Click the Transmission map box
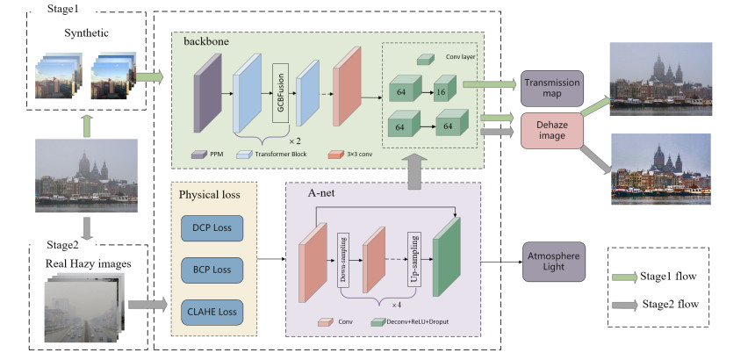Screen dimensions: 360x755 pos(552,88)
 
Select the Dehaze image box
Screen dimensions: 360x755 pos(552,131)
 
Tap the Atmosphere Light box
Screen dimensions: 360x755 pos(552,262)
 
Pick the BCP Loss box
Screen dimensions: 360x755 pos(211,268)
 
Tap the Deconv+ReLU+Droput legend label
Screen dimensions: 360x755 pos(422,323)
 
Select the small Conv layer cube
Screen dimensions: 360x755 pos(424,60)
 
